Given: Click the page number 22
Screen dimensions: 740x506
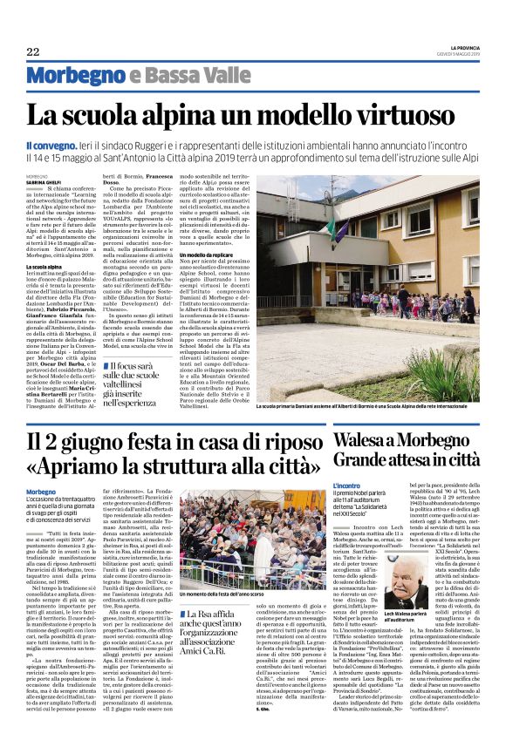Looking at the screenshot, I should [x=34, y=51].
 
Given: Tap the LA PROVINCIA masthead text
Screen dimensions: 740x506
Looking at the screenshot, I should [x=461, y=46].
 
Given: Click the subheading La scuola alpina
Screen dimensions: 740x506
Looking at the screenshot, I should [x=44, y=266].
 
